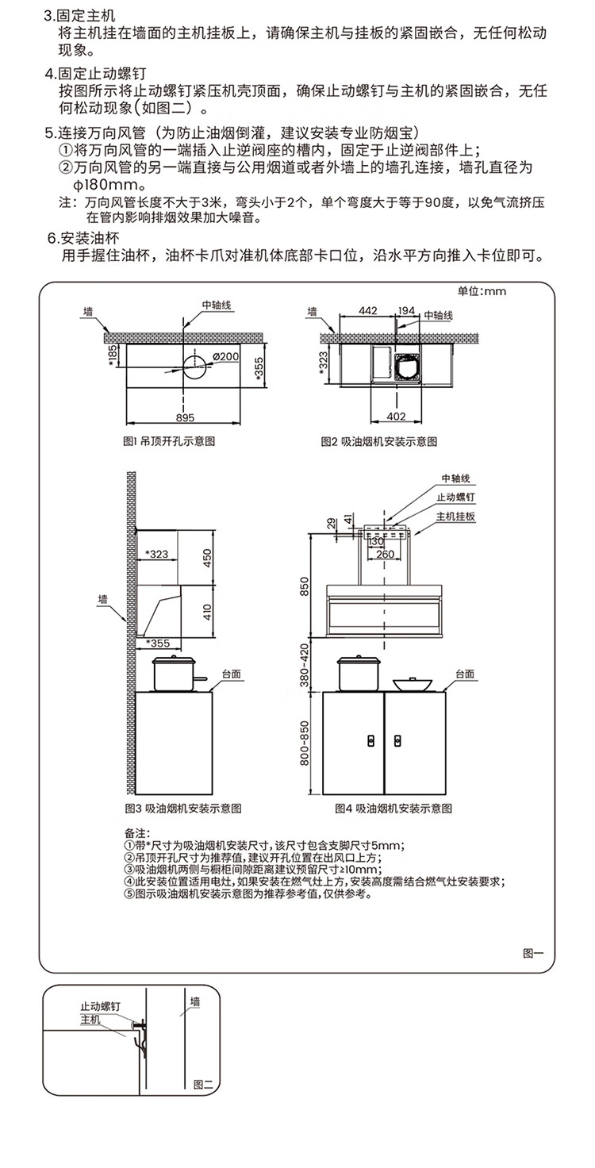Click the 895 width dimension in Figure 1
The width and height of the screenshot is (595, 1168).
click(x=185, y=417)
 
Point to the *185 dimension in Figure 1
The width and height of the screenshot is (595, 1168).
click(x=113, y=352)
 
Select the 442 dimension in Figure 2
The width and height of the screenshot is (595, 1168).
click(x=367, y=311)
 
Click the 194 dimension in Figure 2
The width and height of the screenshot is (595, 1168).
click(x=406, y=311)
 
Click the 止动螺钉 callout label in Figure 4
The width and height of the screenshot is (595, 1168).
click(x=455, y=498)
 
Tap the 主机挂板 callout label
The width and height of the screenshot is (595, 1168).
click(x=455, y=516)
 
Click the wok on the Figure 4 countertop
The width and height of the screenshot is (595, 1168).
click(x=412, y=682)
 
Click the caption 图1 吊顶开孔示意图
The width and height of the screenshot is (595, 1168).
click(x=170, y=441)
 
